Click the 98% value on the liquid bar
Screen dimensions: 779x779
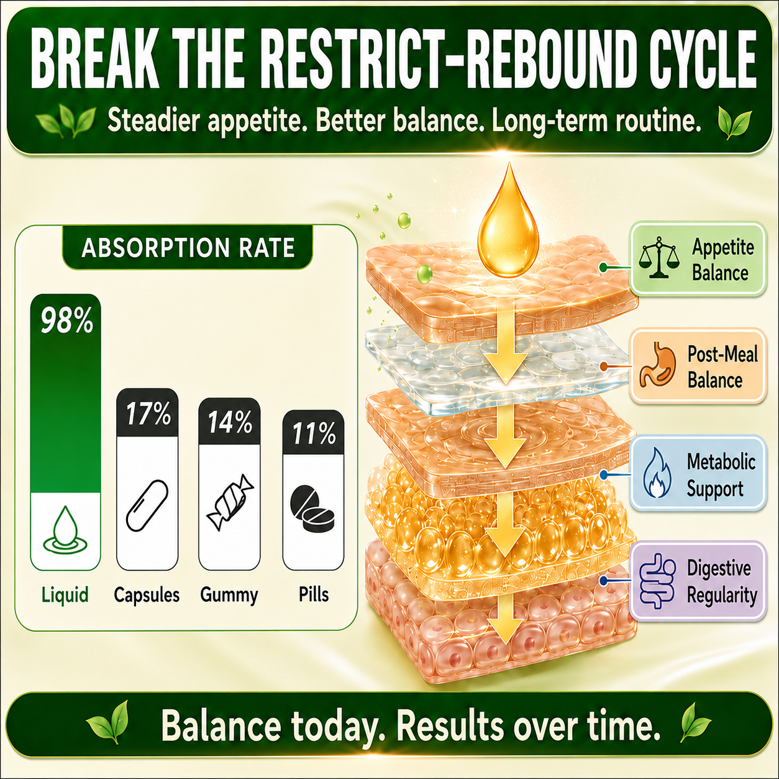66,321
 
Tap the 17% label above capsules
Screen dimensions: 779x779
148,414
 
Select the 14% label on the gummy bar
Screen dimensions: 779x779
230,423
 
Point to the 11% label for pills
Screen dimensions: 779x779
314,434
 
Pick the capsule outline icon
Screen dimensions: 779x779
147,505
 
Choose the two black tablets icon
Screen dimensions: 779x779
312,509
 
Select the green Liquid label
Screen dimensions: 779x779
65,594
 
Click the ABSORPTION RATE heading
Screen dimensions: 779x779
188,248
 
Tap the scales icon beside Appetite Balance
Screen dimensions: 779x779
659,258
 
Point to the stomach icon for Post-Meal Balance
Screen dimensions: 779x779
657,365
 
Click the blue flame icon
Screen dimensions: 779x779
657,473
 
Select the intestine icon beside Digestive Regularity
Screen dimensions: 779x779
657,581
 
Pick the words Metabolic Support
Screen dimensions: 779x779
721,475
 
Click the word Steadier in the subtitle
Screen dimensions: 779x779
154,121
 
